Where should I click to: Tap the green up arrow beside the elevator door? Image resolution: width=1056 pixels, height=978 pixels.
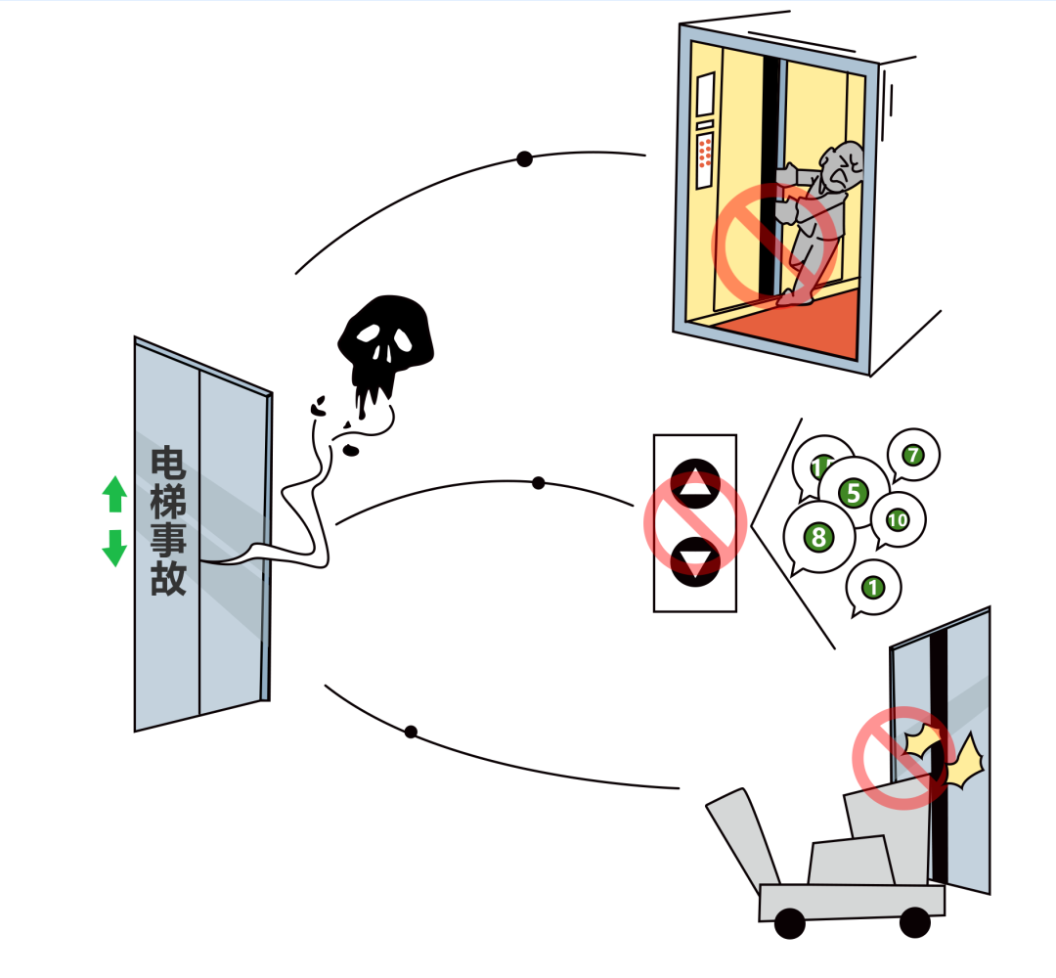(114, 494)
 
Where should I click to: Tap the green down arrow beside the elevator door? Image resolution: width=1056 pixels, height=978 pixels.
(114, 548)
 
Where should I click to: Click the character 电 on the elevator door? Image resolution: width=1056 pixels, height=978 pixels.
(168, 464)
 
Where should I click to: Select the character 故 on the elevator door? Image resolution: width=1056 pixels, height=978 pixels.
(168, 578)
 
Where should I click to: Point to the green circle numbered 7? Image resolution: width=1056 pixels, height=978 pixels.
(912, 456)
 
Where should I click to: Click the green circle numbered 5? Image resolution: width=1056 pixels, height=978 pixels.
(854, 493)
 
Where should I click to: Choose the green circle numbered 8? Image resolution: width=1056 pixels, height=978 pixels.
(819, 537)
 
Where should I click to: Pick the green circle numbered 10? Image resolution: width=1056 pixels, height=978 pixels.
(897, 520)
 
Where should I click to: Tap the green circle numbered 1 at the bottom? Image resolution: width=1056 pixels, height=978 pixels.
(873, 588)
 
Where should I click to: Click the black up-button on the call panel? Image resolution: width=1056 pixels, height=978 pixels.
(696, 484)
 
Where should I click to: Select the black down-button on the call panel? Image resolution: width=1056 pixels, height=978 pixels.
(696, 561)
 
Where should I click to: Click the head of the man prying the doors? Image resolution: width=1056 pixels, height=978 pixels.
(842, 166)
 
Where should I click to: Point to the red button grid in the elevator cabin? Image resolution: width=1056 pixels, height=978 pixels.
(705, 151)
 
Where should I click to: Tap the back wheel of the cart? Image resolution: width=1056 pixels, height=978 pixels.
(789, 923)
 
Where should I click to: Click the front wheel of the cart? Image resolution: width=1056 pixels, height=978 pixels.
(914, 922)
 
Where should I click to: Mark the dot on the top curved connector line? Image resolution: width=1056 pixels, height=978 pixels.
(525, 159)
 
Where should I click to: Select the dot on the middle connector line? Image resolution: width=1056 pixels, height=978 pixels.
(538, 483)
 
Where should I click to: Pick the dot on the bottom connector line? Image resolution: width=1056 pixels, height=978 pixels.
(411, 733)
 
